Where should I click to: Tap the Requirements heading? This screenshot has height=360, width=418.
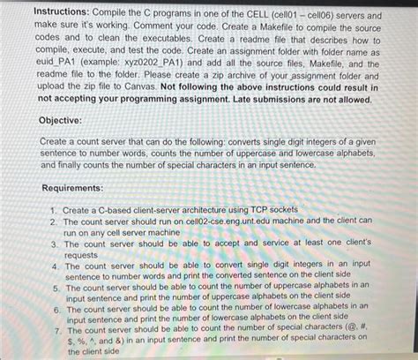(77, 188)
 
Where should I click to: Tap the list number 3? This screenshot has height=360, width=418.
(55, 243)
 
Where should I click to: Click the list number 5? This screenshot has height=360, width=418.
(55, 287)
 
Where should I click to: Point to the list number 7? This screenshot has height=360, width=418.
(55, 330)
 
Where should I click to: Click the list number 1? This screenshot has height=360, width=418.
(55, 208)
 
